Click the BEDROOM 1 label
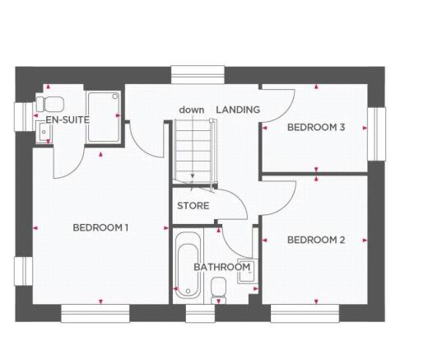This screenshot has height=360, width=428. tap(100, 227)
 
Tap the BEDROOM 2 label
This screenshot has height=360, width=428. tap(315, 240)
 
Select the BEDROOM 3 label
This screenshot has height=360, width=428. tap(315, 127)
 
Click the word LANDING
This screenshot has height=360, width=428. tap(238, 110)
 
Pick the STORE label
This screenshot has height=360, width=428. tap(193, 206)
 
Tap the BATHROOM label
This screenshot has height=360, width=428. tap(221, 267)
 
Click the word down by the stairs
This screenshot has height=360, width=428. tap(192, 110)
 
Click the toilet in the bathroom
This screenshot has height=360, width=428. tap(219, 288)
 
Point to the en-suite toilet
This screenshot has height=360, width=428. tap(51, 103)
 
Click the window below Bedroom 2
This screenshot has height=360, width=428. tap(305, 314)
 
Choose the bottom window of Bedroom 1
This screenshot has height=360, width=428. tap(95, 314)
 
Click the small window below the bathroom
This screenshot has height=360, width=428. tap(198, 314)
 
